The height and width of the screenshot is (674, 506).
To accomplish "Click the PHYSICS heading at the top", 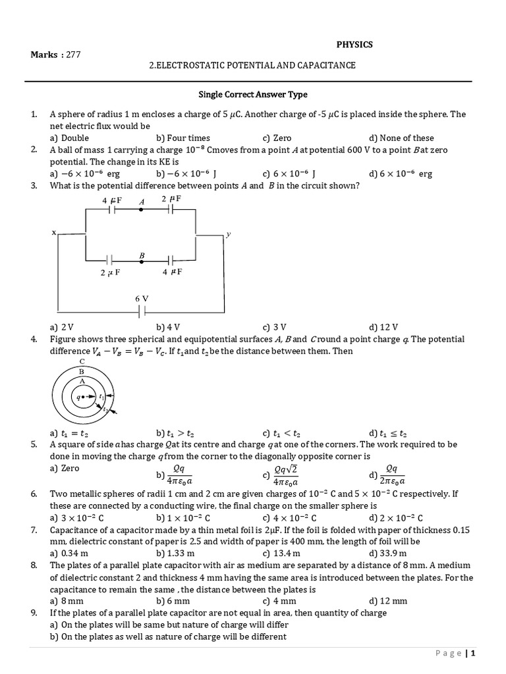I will point(354,45).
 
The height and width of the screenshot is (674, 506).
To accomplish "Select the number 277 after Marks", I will point(72,55).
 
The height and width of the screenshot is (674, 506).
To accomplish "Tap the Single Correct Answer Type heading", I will point(253,95).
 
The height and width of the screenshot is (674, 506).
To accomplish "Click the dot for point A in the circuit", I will point(141,210).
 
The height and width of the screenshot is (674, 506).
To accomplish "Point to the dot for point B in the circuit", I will point(141,261).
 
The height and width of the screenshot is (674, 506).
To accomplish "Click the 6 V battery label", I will point(142,298).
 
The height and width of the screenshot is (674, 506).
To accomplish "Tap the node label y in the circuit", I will point(228,234).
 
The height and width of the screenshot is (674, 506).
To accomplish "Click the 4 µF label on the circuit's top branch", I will point(113,199).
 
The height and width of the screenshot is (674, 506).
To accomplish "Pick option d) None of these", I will point(401,138).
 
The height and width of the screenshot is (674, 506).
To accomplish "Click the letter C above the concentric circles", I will point(82,361).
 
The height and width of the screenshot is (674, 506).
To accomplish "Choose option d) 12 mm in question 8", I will point(388,601).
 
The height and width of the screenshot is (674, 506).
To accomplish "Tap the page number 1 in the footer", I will point(472,654).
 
